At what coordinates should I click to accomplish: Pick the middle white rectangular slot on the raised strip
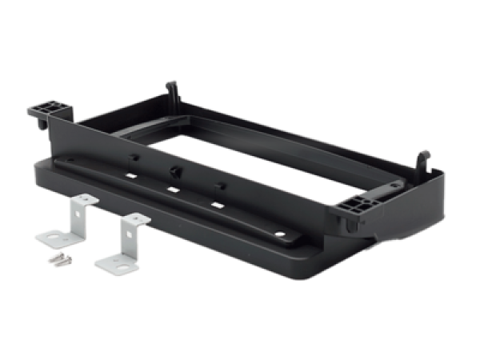(x=171, y=190)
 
